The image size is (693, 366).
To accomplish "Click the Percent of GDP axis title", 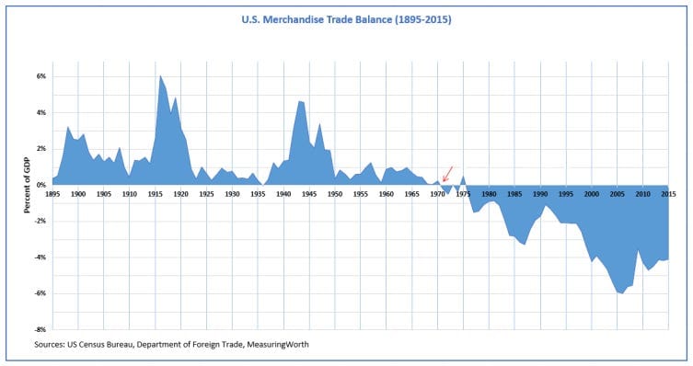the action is (27, 185).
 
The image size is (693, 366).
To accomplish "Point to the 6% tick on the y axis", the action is (40, 76).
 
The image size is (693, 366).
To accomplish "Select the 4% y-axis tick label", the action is (40, 112).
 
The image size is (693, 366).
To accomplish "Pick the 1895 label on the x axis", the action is (52, 194).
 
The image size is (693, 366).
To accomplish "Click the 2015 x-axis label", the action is (668, 194).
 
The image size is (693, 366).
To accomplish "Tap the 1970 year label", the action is (437, 194).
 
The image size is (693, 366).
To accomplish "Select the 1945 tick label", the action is (309, 194).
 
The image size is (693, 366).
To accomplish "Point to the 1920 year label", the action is (180, 194).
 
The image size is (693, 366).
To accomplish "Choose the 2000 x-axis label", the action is (592, 194).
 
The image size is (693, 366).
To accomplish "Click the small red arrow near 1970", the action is (447, 174).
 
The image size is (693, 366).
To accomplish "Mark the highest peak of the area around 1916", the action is (160, 75).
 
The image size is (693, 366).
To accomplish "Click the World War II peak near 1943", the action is (299, 101).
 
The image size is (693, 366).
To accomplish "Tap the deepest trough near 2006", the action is (622, 293).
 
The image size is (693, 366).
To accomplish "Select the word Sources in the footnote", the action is (49, 344).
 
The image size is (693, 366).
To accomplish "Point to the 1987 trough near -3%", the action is (525, 244).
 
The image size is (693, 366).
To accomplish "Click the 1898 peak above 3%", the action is (67, 127).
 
